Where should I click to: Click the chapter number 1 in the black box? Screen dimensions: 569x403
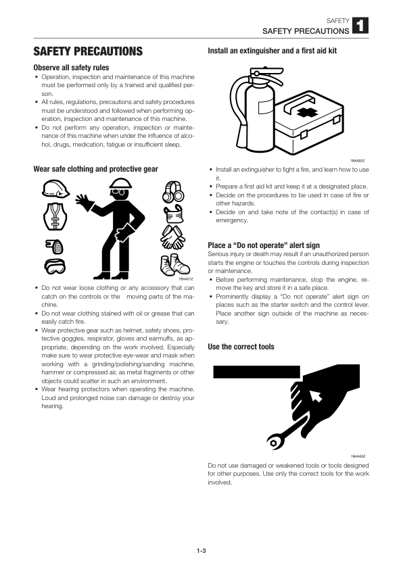[360, 26]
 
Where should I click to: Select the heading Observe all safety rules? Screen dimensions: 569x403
[71, 68]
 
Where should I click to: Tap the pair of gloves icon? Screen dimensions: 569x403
[172, 238]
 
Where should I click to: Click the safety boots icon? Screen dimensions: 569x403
[172, 264]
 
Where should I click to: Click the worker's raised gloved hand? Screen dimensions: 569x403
[85, 203]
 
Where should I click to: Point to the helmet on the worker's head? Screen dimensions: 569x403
[120, 184]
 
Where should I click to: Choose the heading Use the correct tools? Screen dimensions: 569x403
[241, 347]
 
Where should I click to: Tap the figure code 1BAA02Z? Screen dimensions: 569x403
[358, 160]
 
